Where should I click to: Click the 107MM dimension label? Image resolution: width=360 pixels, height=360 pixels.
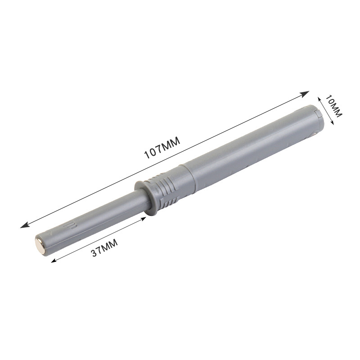162,148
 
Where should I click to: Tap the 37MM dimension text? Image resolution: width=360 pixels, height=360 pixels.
104,247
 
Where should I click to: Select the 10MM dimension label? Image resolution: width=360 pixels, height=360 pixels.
334,106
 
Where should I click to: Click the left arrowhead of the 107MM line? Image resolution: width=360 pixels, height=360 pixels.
25,225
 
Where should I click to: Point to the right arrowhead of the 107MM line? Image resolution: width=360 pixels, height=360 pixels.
305,94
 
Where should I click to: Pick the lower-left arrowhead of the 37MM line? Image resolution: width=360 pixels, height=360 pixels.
54,261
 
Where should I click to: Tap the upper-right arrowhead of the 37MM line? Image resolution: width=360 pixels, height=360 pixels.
143,219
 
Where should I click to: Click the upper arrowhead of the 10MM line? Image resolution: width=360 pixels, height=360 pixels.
319,99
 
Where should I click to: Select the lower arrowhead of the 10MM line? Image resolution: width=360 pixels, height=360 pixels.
332,122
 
